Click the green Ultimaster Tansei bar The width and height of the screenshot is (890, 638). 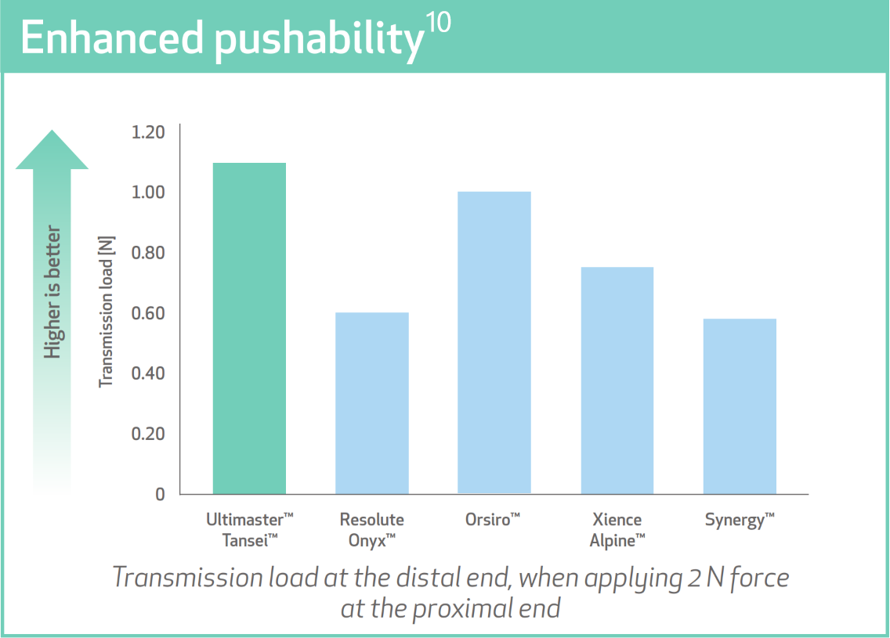(x=249, y=328)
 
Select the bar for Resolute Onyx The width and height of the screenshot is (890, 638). (x=372, y=403)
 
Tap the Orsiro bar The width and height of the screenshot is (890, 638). (x=494, y=343)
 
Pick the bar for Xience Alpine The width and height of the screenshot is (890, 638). (x=617, y=380)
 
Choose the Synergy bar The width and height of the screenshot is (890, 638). (x=740, y=406)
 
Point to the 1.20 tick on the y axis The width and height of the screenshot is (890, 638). (x=148, y=132)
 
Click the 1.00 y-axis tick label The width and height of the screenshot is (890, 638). (x=148, y=193)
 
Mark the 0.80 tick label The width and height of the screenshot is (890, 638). (x=148, y=252)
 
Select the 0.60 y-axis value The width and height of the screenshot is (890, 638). (x=148, y=313)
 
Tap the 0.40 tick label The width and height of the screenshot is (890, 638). (x=148, y=373)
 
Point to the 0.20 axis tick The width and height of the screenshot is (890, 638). (x=148, y=434)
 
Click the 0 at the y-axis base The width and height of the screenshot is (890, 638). (x=160, y=495)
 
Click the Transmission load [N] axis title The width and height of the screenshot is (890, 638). (x=106, y=312)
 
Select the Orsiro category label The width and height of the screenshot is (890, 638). (x=492, y=520)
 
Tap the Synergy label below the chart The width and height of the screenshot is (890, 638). (x=740, y=521)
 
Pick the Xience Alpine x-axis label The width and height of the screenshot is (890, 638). (x=617, y=530)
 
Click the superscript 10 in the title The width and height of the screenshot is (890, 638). (x=438, y=23)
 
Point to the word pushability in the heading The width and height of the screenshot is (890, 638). (x=319, y=41)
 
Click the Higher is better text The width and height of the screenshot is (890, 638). (x=52, y=292)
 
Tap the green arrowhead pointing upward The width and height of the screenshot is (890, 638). (x=52, y=150)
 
